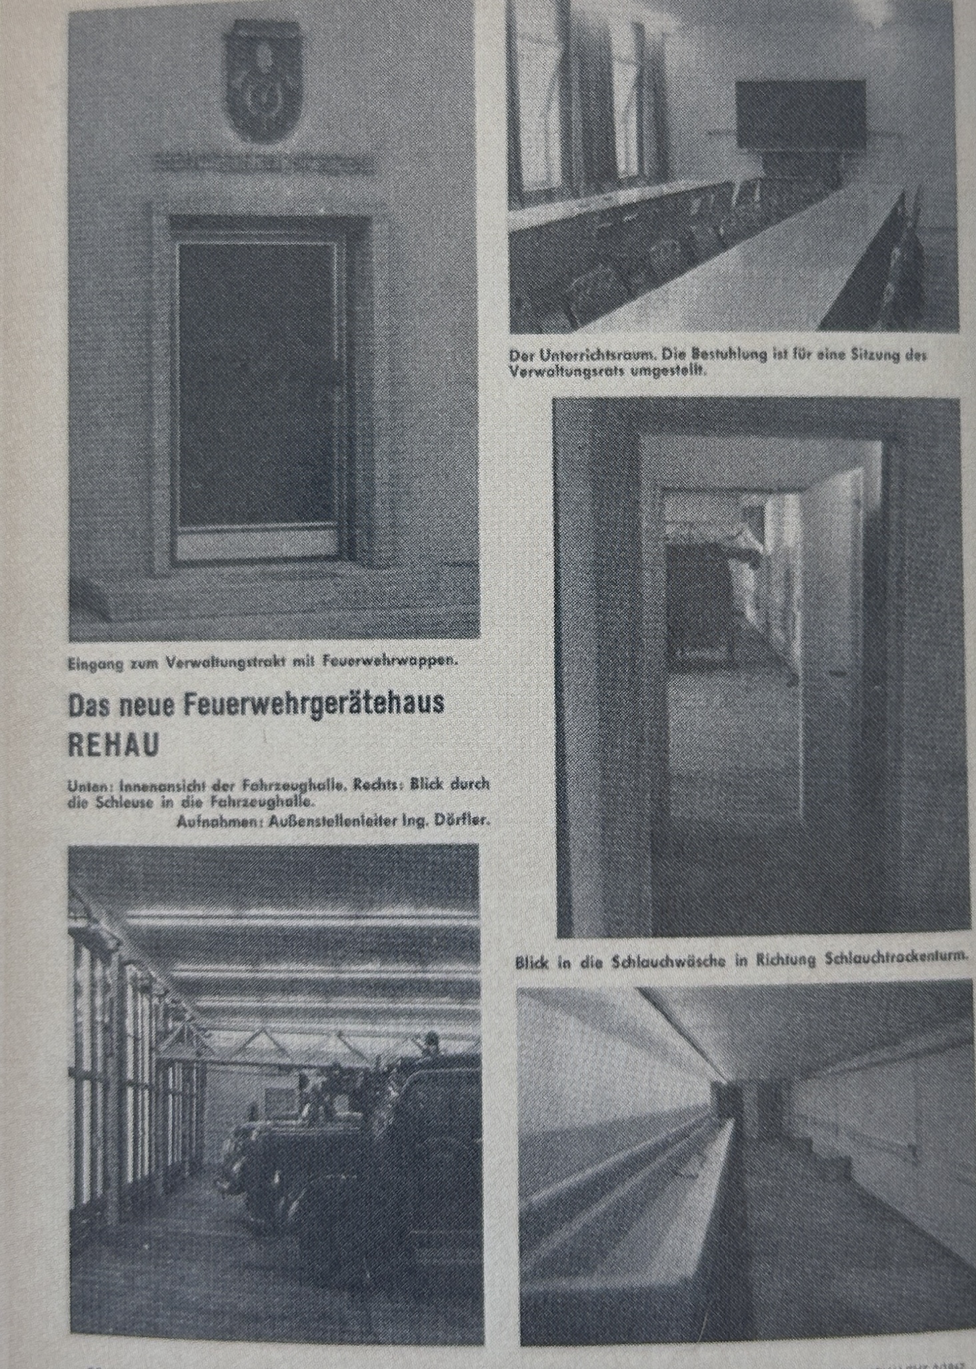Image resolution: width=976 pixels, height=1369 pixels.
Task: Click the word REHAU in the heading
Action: pos(114,746)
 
